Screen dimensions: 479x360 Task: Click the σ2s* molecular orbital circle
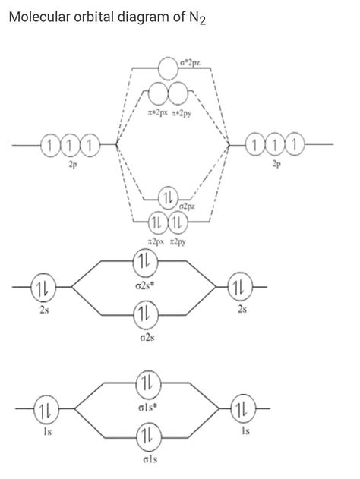pos(144,261)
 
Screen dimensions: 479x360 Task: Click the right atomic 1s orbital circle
pos(242,410)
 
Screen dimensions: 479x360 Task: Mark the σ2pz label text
pos(187,206)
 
